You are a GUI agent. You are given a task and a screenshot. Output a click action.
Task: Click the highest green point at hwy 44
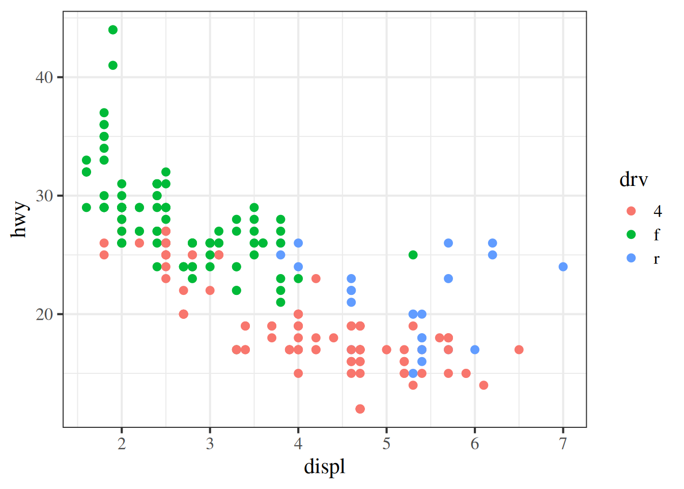point(113,30)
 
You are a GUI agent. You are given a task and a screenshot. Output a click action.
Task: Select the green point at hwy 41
point(113,65)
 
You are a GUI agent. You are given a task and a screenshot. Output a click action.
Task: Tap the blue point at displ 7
point(563,267)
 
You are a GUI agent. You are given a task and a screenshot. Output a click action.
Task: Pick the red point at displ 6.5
point(519,349)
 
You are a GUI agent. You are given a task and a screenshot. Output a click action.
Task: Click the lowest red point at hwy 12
point(360,409)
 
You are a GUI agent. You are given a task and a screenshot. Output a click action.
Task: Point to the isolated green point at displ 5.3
point(413,255)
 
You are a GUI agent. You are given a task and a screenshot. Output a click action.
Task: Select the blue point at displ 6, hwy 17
point(475,349)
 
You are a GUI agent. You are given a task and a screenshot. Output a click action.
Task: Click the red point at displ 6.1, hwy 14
point(483,385)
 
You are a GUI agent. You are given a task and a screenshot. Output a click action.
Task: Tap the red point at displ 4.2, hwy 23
point(316,279)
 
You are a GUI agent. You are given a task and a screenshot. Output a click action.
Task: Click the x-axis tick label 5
point(387,444)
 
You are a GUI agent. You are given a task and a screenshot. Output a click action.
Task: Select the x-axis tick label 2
point(122,444)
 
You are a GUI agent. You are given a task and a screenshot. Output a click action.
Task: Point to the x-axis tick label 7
point(563,444)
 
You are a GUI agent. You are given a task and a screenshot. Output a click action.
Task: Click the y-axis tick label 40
point(44,77)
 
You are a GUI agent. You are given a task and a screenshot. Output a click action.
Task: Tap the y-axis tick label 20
point(44,314)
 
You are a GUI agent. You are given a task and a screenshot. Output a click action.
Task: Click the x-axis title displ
point(325,467)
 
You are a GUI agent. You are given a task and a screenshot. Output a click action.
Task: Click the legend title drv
point(634,179)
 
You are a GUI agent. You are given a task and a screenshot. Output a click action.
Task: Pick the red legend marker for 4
point(632,211)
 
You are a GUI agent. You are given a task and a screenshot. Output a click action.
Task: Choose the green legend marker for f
point(632,234)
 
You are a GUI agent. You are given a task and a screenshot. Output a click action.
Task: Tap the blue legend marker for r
point(632,258)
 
